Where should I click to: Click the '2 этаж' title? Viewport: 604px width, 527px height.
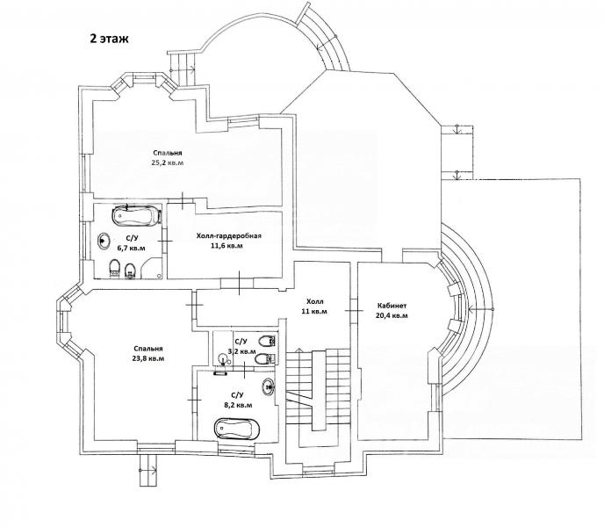[109, 39]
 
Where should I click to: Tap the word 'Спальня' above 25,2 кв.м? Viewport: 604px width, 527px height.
[167, 153]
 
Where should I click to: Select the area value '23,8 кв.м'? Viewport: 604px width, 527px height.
[148, 358]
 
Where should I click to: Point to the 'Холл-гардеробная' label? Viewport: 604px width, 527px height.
[229, 236]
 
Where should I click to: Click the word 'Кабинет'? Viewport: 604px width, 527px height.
[392, 306]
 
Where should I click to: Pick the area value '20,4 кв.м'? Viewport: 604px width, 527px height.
[392, 315]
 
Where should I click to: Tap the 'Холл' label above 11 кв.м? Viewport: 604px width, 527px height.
[314, 301]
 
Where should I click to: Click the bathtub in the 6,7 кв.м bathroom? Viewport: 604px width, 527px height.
[135, 215]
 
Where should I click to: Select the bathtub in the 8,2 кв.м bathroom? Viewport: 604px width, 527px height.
[236, 429]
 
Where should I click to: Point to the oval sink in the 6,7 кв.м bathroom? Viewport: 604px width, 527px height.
[104, 242]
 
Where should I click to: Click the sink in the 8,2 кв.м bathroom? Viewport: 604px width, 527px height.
[269, 386]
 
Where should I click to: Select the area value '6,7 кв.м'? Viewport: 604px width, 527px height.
[132, 248]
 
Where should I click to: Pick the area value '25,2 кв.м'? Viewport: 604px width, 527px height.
[167, 162]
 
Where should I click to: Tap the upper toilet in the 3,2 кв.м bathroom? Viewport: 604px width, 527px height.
[267, 341]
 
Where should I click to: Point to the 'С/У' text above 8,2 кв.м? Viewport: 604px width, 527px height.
[237, 395]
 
